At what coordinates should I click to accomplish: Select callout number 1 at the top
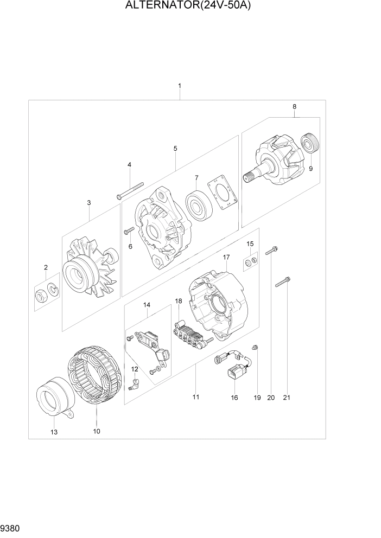pyautogui.click(x=180, y=86)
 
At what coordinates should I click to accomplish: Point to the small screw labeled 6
pyautogui.click(x=129, y=232)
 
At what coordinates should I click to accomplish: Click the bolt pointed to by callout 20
pyautogui.click(x=272, y=250)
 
